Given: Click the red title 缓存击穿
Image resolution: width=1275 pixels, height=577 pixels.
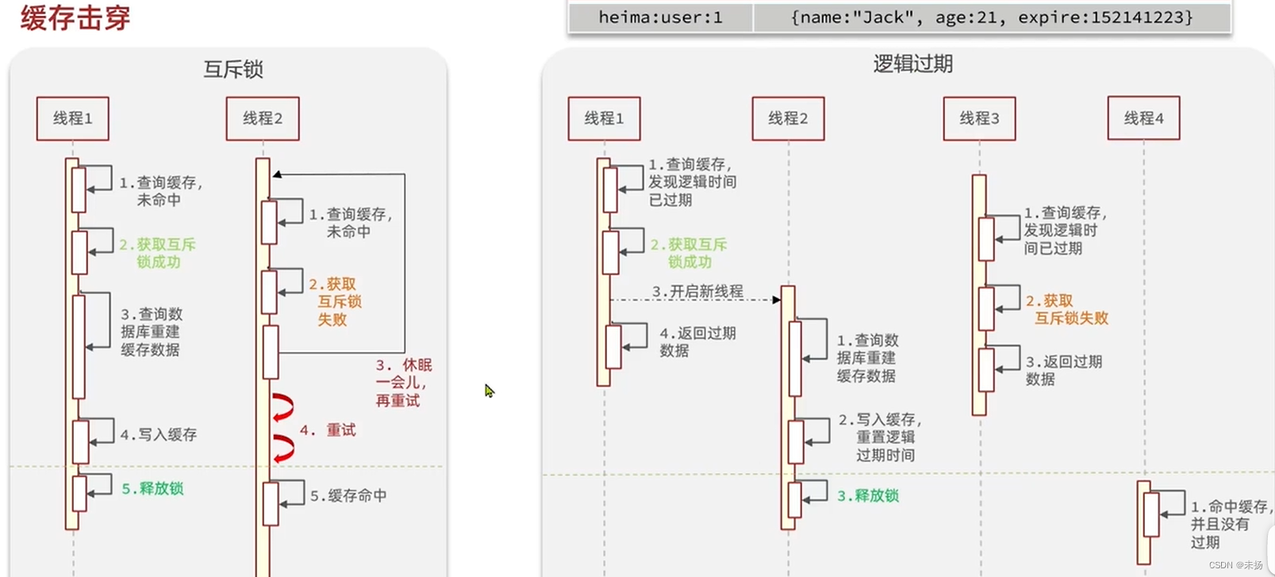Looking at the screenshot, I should (x=75, y=17).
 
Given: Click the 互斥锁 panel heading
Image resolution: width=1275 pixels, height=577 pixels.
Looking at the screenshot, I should (x=232, y=70).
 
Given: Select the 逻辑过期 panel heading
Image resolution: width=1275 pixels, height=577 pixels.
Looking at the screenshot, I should (x=912, y=64).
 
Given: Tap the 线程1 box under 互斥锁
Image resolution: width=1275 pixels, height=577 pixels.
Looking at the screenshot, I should (x=73, y=119).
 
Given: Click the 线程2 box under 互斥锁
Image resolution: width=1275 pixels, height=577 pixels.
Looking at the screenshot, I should (x=263, y=119).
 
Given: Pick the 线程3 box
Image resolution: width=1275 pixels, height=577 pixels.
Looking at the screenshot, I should (x=979, y=119).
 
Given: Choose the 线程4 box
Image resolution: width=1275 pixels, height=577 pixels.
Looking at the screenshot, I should (x=1143, y=119).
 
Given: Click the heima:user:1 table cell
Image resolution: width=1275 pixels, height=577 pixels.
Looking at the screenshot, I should (x=660, y=17).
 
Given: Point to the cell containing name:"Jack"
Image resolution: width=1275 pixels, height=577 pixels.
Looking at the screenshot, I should (x=992, y=17).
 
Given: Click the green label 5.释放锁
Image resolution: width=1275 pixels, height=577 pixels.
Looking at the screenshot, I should (x=152, y=489).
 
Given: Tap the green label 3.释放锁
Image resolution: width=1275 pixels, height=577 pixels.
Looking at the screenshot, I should (x=868, y=496).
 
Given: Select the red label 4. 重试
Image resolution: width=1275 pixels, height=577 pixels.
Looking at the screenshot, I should (x=328, y=430).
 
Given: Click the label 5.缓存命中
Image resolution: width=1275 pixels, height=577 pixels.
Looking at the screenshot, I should (x=348, y=496).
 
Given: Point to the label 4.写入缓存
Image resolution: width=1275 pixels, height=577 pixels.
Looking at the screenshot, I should (x=159, y=435).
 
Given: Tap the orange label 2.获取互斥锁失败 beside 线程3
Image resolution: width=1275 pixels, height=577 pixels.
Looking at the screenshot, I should (x=1067, y=310).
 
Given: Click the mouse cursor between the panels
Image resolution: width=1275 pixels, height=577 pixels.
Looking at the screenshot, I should (x=489, y=391).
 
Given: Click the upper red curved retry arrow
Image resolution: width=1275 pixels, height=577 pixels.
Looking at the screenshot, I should (x=282, y=407).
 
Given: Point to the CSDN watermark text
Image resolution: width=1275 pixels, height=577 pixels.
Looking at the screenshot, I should (x=1235, y=565).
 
